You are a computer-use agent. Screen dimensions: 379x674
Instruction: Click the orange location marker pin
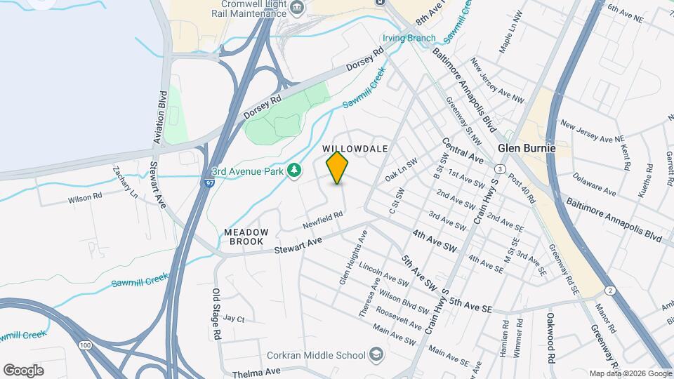[x=338, y=168]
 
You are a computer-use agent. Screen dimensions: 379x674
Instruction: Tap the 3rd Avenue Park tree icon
[x=296, y=171]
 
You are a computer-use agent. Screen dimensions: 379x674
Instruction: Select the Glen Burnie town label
[x=527, y=149]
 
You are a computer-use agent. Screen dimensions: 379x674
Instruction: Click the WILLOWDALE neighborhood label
[x=355, y=149]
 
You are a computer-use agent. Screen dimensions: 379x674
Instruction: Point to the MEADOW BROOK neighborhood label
[x=246, y=237]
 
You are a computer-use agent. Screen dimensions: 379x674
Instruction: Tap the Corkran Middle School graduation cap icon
[x=376, y=354]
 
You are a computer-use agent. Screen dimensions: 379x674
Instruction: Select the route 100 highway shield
[x=86, y=345]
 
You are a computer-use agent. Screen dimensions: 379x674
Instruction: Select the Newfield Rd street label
[x=322, y=220]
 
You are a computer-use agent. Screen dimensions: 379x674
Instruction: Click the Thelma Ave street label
[x=263, y=371]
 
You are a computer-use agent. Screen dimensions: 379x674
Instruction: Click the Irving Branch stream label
[x=409, y=38]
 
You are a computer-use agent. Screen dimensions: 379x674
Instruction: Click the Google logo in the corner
[x=24, y=370]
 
